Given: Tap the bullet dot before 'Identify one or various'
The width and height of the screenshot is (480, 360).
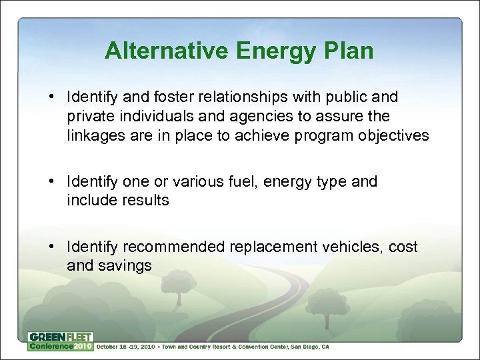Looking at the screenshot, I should pyautogui.click(x=53, y=181).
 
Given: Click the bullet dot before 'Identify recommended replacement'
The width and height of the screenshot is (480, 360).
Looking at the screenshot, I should pyautogui.click(x=53, y=247).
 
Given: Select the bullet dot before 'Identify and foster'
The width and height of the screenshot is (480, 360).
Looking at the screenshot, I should pyautogui.click(x=53, y=97).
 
